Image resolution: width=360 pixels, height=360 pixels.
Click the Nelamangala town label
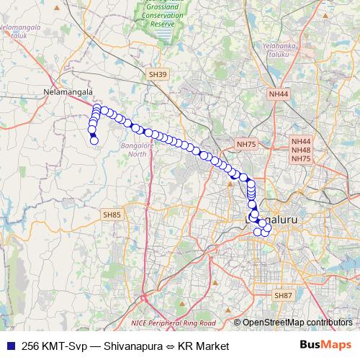[69, 93]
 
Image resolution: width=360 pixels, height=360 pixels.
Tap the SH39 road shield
[157, 74]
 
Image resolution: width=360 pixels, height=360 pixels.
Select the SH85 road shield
[112, 214]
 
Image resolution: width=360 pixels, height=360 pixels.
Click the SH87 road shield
[283, 295]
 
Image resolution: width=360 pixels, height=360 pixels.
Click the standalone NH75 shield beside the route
[246, 144]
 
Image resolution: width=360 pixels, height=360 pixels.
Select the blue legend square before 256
[9, 346]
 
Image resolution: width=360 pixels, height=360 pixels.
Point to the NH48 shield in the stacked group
[301, 150]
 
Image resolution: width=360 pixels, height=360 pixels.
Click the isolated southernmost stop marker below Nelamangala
[94, 140]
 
